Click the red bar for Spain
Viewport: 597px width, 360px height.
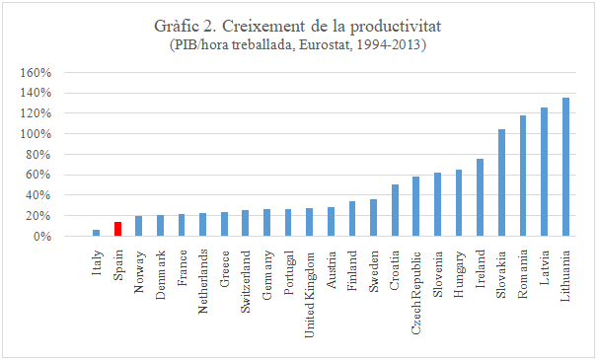tap(117, 229)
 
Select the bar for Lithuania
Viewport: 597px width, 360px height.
tap(565, 168)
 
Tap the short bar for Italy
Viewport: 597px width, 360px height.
tap(96, 233)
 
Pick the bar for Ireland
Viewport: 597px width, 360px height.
tap(481, 197)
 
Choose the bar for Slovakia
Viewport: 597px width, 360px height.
tap(501, 182)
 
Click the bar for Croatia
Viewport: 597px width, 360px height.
tap(395, 210)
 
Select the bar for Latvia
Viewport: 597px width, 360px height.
tap(544, 172)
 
